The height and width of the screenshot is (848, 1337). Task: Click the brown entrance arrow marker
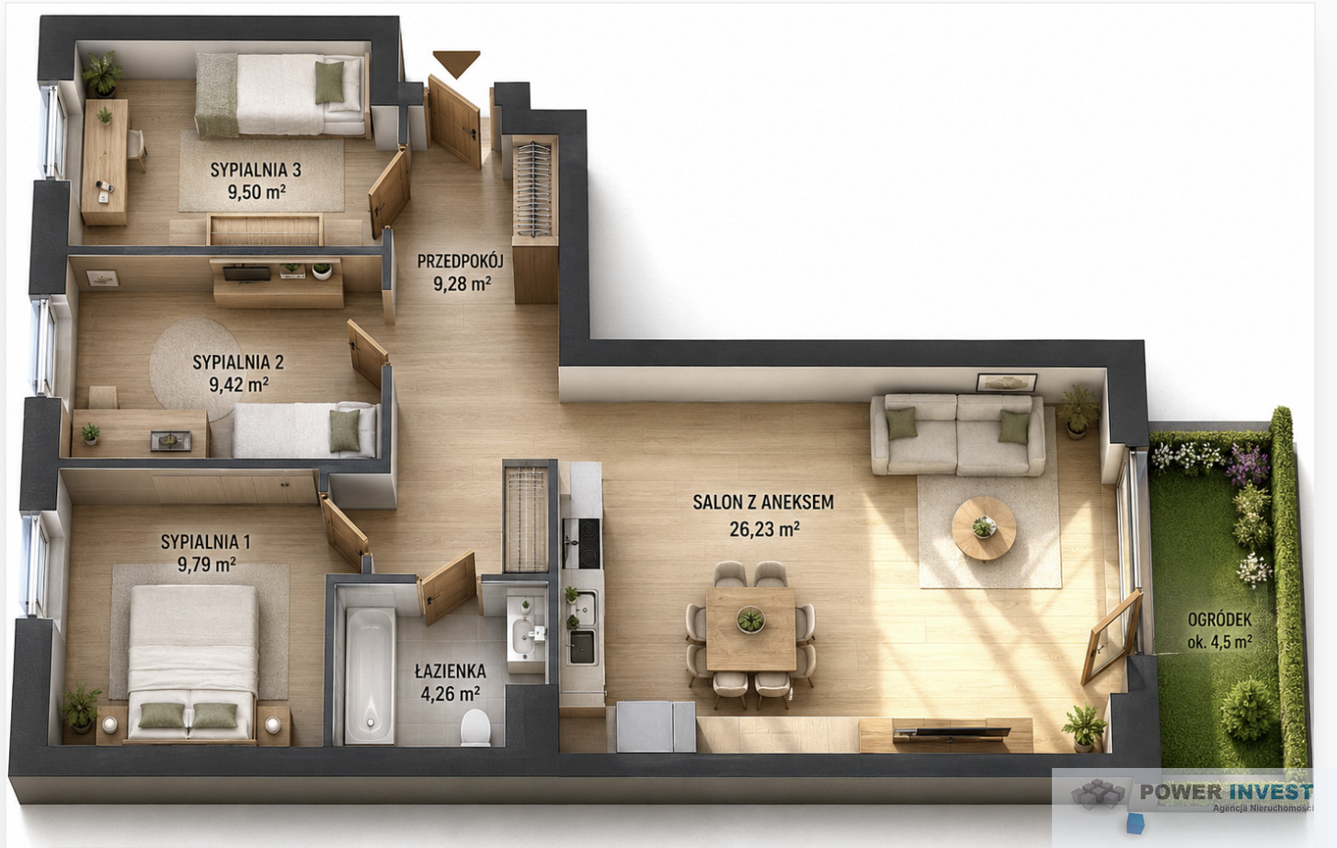pos(457,63)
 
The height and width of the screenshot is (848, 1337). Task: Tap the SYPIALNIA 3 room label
pos(256,169)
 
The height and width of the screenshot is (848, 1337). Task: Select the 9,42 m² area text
pos(239,384)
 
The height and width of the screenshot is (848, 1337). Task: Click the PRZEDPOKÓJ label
pos(460,261)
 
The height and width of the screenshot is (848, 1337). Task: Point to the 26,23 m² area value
pos(764,529)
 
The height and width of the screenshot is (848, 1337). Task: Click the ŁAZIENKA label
pos(451,671)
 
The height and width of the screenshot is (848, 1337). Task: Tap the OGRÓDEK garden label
pos(1219,620)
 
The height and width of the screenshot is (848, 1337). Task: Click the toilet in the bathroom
pos(475,728)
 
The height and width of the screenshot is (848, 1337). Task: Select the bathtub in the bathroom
pos(370,675)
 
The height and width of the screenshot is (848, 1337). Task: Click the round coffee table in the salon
pos(984,528)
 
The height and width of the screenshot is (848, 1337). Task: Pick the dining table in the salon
pos(751,629)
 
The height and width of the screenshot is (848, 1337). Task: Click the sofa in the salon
pos(957,434)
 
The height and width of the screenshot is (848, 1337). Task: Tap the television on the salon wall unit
pos(952,732)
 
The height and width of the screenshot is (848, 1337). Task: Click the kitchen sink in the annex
pos(582,647)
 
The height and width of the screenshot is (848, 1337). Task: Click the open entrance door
pos(454,121)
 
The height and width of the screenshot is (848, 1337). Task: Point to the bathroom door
pos(449,588)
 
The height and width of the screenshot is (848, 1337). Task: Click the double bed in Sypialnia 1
pos(193,663)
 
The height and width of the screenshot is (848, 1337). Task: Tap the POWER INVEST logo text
pos(1226,792)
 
